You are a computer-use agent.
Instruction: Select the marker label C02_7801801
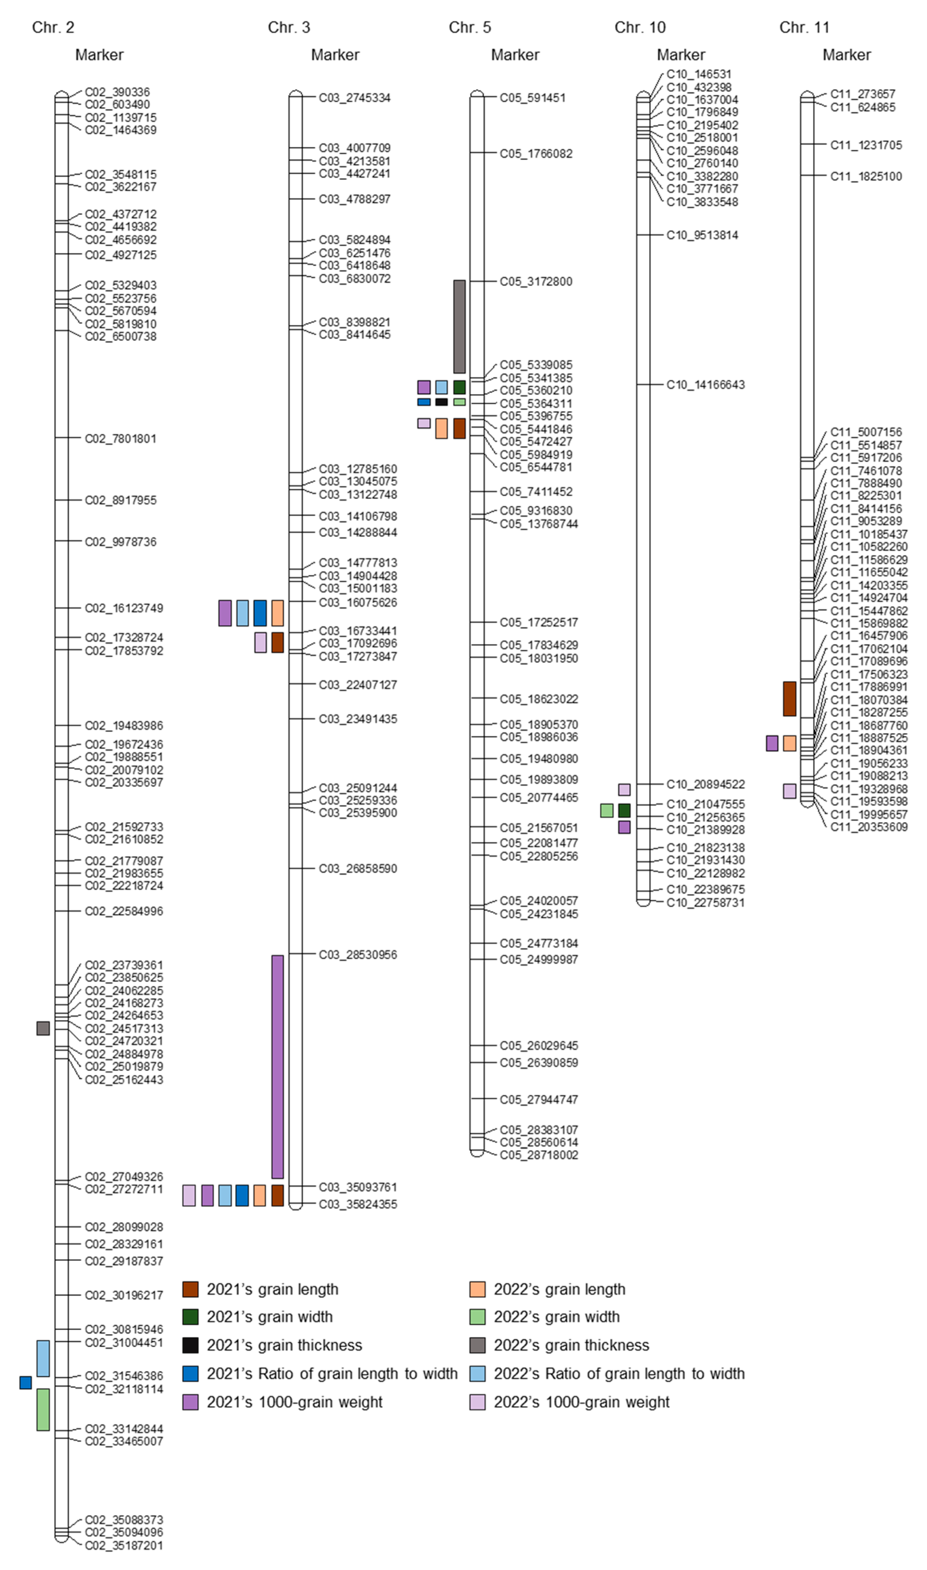point(120,439)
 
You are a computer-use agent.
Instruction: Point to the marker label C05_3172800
point(535,282)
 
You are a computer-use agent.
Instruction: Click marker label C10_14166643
point(705,385)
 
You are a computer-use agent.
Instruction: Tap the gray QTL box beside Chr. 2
point(43,1028)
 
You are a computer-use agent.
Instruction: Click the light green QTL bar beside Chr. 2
point(43,1409)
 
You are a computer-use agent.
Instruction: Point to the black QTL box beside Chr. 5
point(442,402)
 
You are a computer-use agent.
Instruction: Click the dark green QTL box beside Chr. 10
point(624,811)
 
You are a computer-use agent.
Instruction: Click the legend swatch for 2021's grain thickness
point(191,1345)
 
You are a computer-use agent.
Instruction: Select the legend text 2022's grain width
point(556,1317)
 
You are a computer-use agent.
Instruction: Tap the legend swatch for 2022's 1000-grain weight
point(477,1402)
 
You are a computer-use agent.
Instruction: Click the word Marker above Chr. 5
point(515,55)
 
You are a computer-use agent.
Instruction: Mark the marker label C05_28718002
point(538,1155)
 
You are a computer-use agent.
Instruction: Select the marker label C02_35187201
point(124,1546)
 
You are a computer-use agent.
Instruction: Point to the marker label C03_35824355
point(357,1204)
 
